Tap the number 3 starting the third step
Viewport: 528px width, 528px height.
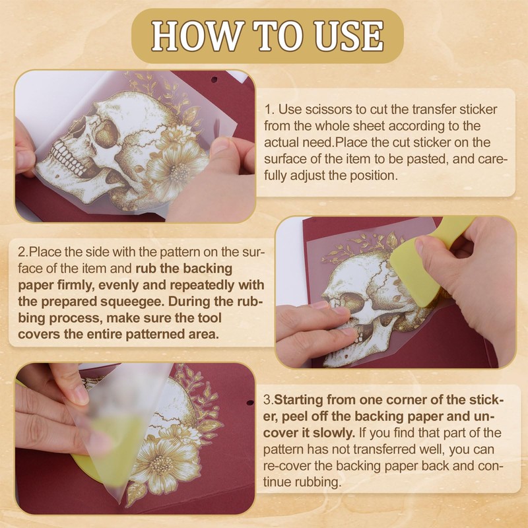[x=267, y=400]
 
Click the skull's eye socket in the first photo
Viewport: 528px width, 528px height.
[x=106, y=134]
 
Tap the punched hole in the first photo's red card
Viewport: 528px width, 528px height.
[x=214, y=80]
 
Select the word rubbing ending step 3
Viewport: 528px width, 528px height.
[x=318, y=482]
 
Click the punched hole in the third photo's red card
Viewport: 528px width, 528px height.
[x=250, y=403]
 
